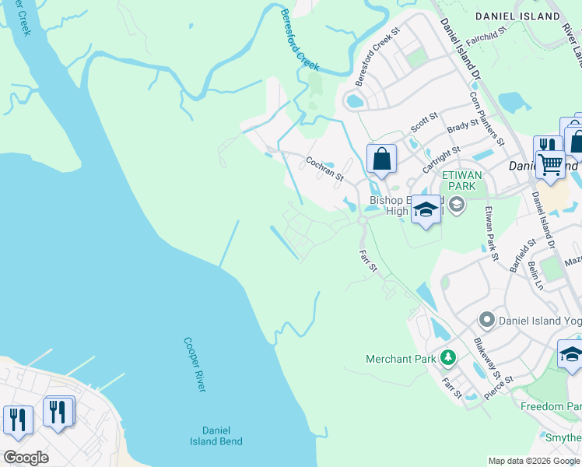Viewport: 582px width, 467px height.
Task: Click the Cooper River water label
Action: pos(195,363)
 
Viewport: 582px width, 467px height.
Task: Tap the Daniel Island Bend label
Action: pos(216,435)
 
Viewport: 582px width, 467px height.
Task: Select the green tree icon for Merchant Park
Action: pos(447,358)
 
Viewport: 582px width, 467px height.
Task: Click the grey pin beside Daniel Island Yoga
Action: pos(487,319)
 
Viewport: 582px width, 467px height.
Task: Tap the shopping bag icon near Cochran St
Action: pos(381,160)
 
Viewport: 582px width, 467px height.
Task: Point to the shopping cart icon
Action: pos(551,164)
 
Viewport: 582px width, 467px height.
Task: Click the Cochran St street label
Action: pos(324,167)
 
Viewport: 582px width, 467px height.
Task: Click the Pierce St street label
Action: pos(498,387)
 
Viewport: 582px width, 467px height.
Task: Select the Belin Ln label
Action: pos(536,276)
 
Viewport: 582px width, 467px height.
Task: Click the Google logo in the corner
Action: pos(26,458)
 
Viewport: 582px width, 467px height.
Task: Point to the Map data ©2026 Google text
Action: pos(533,461)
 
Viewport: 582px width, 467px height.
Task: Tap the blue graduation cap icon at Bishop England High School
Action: pos(426,209)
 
